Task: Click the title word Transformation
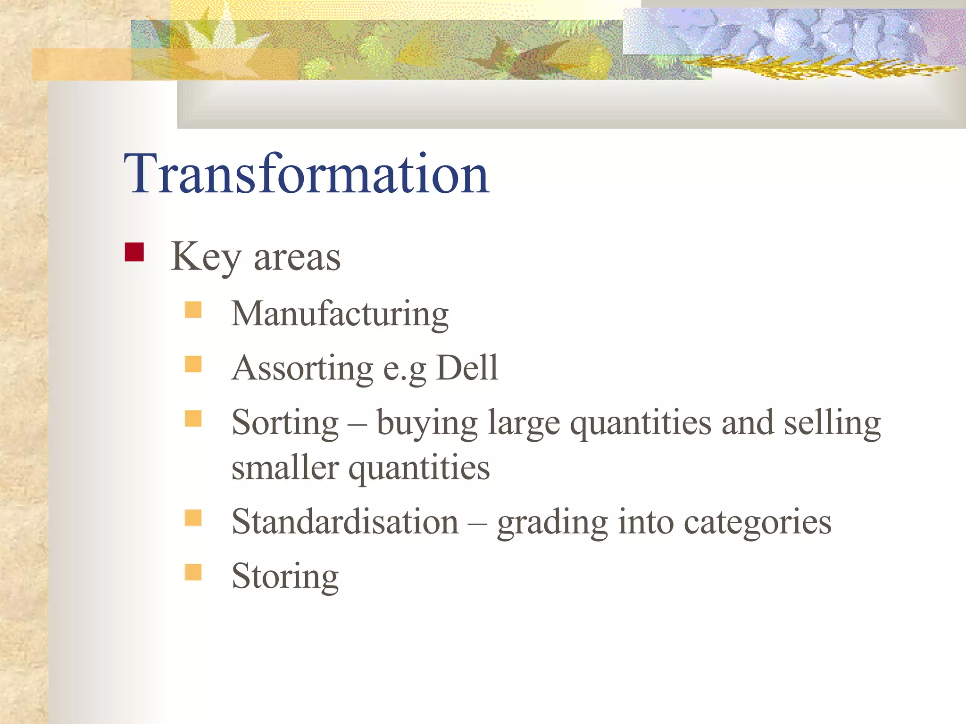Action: [x=307, y=174]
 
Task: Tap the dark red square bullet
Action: [x=134, y=252]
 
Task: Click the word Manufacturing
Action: [x=340, y=314]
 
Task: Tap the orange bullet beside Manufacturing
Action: [x=193, y=310]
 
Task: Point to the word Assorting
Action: [x=302, y=368]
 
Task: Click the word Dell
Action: [x=467, y=368]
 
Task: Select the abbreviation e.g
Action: [x=404, y=370]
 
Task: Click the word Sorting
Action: [x=285, y=423]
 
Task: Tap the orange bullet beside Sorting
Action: [x=193, y=419]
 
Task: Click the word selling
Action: [x=832, y=423]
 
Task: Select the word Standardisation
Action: [x=345, y=522]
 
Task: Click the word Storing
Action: [x=285, y=576]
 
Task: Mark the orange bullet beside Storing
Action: [x=193, y=572]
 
